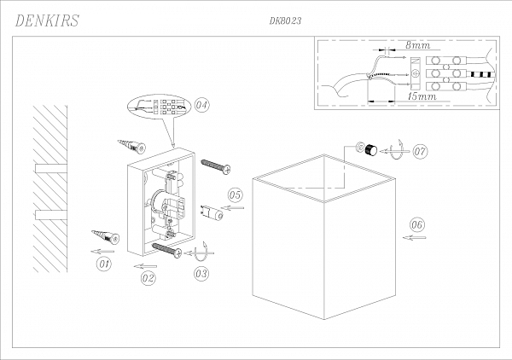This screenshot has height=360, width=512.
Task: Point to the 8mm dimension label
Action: click(418, 43)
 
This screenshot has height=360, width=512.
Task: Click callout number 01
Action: click(104, 264)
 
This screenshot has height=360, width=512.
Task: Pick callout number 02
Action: click(148, 278)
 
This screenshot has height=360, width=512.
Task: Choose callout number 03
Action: click(202, 274)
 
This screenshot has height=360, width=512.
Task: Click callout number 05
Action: click(236, 195)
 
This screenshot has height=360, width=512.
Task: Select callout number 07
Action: click(420, 152)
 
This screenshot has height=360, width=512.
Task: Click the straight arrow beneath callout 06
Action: click(416, 238)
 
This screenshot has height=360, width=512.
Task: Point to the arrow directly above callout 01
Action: click(102, 252)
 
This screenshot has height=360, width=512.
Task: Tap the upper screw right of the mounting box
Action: click(216, 165)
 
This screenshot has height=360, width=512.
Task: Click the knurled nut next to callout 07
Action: click(369, 150)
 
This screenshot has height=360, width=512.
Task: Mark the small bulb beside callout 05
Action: click(212, 211)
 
